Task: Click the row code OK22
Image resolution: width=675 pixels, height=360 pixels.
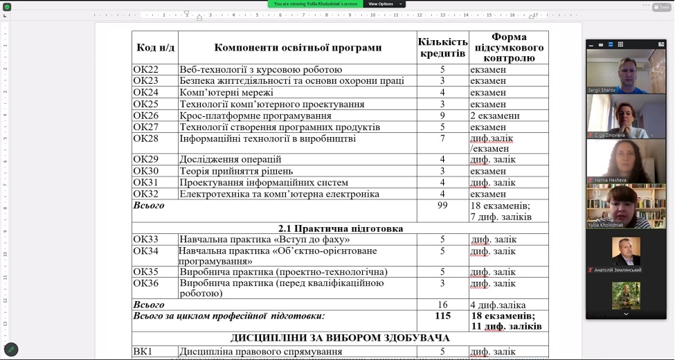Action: [x=146, y=70]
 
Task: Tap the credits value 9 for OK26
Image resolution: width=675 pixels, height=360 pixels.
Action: [x=442, y=116]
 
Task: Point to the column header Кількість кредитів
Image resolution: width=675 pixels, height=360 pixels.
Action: [x=442, y=48]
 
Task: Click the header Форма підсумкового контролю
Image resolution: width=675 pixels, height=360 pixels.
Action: [x=508, y=48]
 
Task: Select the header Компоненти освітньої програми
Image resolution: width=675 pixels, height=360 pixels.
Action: [x=298, y=48]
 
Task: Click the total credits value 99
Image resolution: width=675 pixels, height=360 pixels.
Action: [x=442, y=206]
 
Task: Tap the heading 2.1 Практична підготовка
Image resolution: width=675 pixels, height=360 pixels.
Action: [x=340, y=228]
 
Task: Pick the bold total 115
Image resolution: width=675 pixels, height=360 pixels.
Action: [x=442, y=316]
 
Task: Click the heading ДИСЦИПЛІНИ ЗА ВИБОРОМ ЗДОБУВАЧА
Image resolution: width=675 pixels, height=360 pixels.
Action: [x=340, y=339]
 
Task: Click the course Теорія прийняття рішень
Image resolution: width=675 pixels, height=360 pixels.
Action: [x=236, y=171]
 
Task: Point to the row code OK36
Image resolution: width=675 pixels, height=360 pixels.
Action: [x=146, y=283]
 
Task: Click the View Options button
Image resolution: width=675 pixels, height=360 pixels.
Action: [x=381, y=4]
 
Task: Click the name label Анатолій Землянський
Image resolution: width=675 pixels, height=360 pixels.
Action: [x=618, y=270]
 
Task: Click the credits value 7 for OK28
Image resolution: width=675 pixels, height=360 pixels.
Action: [x=442, y=139]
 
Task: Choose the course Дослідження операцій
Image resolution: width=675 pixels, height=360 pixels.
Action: [x=231, y=160]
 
